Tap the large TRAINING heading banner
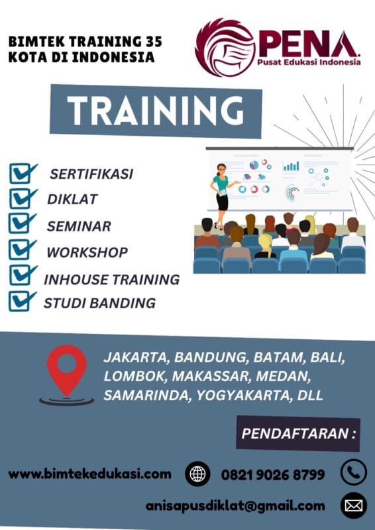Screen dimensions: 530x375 (156, 111)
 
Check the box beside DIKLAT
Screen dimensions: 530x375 (23, 197)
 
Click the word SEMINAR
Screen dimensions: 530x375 (79, 226)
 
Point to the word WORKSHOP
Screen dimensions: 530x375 (87, 252)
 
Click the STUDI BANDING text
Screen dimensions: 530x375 (99, 303)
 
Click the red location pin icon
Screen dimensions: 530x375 (66, 371)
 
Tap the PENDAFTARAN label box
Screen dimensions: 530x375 (298, 435)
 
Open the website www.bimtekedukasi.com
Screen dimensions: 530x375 (89, 474)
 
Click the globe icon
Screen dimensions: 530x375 (197, 474)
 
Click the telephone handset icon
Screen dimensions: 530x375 (353, 473)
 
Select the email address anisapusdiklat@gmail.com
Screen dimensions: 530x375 (235, 506)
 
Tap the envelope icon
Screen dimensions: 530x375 (353, 506)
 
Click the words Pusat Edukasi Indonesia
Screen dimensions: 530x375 (310, 62)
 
